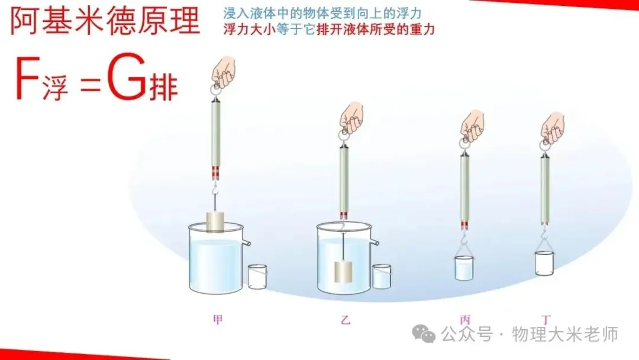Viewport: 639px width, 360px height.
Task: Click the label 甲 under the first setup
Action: (x=218, y=320)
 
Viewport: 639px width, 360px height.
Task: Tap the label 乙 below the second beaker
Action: (x=346, y=320)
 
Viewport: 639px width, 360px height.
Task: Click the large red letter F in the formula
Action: (x=27, y=78)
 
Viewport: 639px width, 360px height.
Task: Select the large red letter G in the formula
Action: (x=126, y=78)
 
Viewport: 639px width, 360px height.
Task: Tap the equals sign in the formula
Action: (x=90, y=83)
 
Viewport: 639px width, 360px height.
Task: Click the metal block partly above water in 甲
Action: (x=217, y=221)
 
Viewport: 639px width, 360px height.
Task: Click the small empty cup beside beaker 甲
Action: (x=257, y=277)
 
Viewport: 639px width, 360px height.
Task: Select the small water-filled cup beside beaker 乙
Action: (x=382, y=277)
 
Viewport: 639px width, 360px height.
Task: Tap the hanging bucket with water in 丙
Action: (x=463, y=268)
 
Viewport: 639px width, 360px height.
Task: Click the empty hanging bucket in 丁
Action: (x=544, y=263)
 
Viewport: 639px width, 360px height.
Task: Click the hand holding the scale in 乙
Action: (x=352, y=118)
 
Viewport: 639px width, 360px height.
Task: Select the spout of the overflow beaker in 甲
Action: (x=246, y=242)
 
